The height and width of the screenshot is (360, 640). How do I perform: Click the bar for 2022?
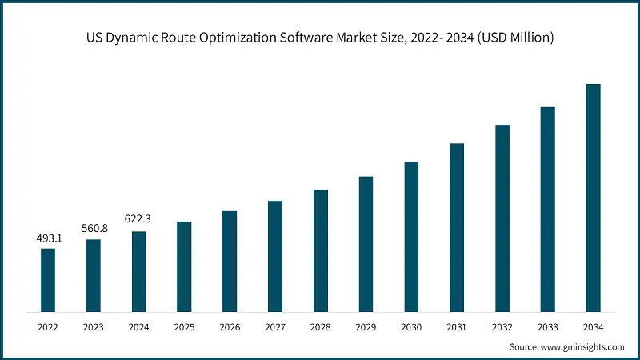point(48,280)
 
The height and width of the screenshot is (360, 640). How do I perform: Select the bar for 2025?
point(184,266)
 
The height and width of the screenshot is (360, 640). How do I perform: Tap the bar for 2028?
point(321,250)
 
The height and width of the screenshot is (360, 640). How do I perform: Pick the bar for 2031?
point(457,227)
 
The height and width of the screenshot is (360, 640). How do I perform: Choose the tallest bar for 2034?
point(593,198)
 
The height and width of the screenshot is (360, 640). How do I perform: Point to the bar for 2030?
point(411,236)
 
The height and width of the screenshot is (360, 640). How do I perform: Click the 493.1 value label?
point(48,238)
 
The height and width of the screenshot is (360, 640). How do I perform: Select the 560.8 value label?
point(94,229)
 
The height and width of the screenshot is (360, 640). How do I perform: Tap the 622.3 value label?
point(138,218)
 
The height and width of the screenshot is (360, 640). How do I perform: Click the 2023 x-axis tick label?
point(94,326)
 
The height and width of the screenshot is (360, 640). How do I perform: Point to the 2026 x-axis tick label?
point(230,326)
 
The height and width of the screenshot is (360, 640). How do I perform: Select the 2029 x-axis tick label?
point(366,326)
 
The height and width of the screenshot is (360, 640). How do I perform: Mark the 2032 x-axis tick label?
point(502,326)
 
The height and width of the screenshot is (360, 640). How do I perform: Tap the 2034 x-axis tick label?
point(593,326)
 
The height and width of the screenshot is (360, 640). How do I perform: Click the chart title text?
point(320,37)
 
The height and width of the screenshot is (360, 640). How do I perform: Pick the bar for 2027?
point(275,256)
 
